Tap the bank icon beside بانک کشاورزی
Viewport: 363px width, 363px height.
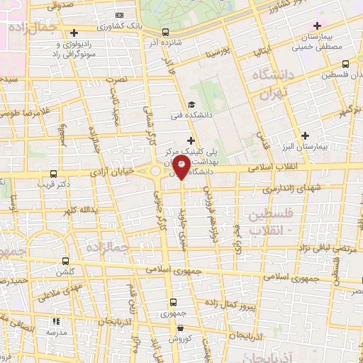(118, 15)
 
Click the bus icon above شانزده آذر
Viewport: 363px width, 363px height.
(165, 32)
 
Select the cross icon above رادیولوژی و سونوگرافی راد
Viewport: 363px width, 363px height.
(74, 33)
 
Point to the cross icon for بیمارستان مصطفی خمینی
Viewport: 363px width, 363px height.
(318, 26)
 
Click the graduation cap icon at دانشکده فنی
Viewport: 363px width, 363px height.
(191, 104)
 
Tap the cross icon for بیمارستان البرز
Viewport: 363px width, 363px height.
(306, 135)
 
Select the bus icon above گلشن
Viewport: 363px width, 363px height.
(65, 261)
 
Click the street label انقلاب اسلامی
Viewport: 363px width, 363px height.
(277, 167)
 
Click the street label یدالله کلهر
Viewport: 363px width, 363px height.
(77, 210)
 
